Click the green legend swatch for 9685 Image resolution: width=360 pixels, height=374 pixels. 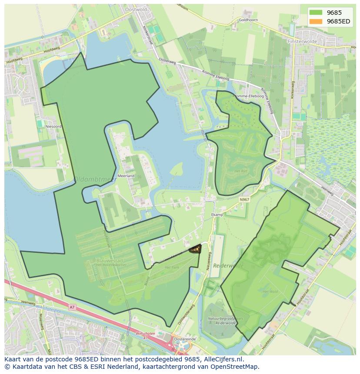pyautogui.click(x=316, y=13)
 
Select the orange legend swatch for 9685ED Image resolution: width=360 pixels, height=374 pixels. pyautogui.click(x=316, y=22)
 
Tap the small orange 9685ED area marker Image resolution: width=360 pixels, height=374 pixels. pyautogui.click(x=195, y=249)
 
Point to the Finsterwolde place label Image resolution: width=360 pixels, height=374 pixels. pyautogui.click(x=301, y=41)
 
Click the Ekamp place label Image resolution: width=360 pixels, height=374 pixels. pyautogui.click(x=217, y=215)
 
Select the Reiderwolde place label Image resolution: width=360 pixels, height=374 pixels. pyautogui.click(x=229, y=266)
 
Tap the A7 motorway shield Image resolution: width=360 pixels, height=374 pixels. pyautogui.click(x=72, y=307)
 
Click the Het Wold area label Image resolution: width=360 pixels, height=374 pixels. pyautogui.click(x=270, y=292)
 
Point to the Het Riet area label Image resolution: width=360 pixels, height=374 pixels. pyautogui.click(x=241, y=171)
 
